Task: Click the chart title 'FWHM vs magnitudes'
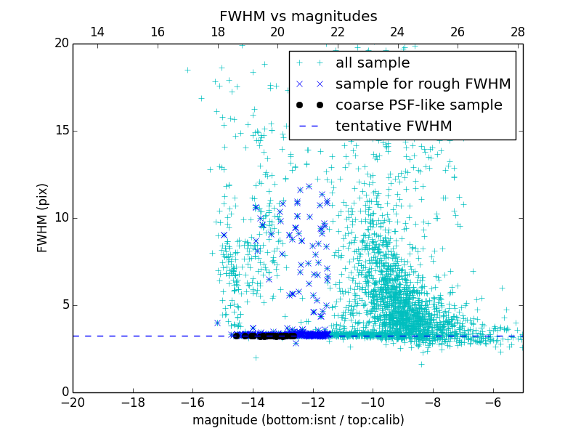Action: (298, 16)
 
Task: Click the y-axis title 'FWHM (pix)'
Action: (43, 217)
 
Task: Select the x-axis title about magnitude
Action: (298, 420)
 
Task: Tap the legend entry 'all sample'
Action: (373, 63)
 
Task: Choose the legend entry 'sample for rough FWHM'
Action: (423, 84)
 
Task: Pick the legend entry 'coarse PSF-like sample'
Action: (418, 105)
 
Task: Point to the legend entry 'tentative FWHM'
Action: (394, 126)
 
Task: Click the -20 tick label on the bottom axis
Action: (73, 402)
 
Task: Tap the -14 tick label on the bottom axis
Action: (253, 402)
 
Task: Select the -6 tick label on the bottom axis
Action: (492, 402)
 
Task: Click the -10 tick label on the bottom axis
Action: (373, 402)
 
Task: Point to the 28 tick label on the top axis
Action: (517, 32)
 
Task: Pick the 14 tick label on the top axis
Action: (97, 32)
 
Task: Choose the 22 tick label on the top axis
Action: (337, 32)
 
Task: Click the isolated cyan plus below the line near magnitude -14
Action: (256, 358)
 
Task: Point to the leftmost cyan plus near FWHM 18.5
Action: (187, 70)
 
